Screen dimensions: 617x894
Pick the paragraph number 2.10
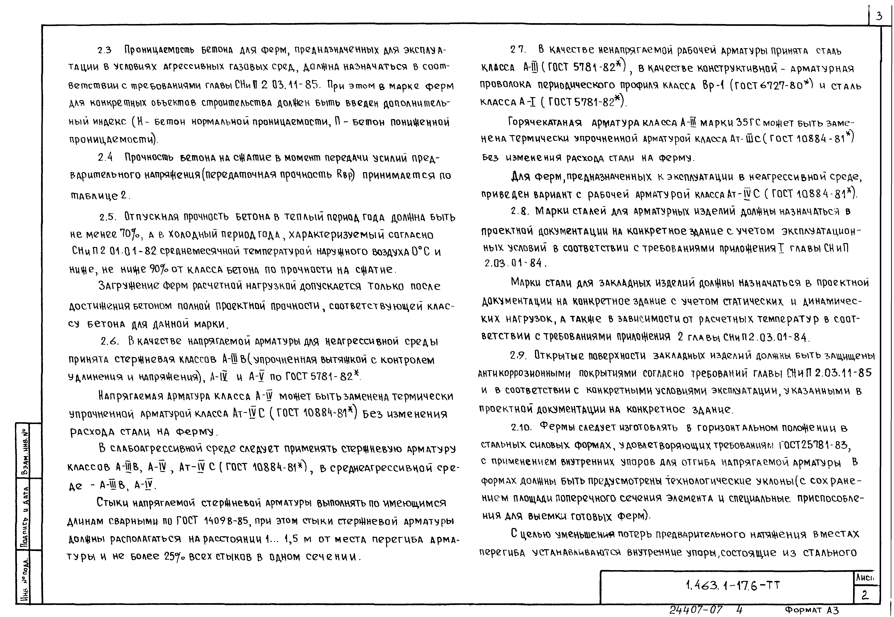click(521, 428)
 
